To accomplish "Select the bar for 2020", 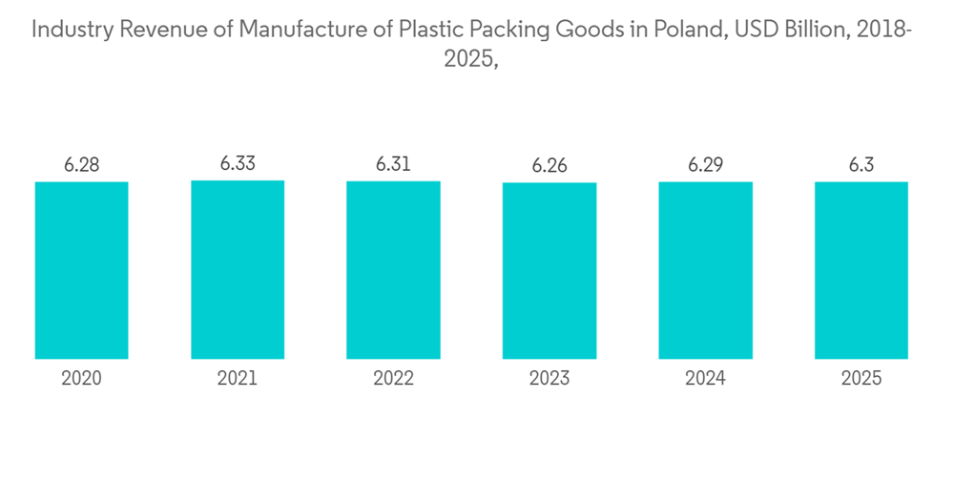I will (x=81, y=270).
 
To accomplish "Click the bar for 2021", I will (x=238, y=269).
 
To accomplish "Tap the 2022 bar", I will (x=393, y=270).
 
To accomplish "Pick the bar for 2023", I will (x=550, y=270).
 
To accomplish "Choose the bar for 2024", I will (x=705, y=270).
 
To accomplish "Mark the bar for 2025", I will (x=861, y=270).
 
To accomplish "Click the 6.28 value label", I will (x=81, y=165).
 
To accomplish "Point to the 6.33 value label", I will (x=238, y=164).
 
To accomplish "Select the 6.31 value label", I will (x=393, y=165).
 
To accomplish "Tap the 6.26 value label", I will (x=550, y=166).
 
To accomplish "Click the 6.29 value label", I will (x=705, y=165).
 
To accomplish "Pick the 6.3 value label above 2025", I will (x=861, y=165).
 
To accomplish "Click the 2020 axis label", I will (x=81, y=379).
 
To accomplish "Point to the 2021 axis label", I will (x=238, y=379).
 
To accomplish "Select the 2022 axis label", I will (x=393, y=379).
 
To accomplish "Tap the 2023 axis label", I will (x=550, y=379).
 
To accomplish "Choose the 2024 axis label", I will (x=705, y=379).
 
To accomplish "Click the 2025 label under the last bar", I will (x=861, y=379).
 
